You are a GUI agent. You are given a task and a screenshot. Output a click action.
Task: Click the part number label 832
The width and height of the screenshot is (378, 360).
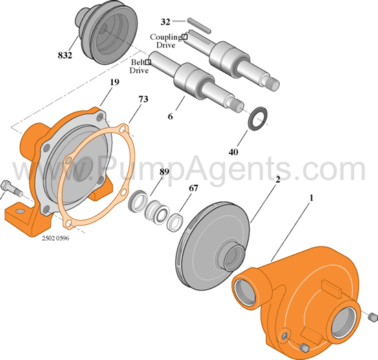[65, 55]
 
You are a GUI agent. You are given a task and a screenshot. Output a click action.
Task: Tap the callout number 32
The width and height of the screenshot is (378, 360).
[166, 22]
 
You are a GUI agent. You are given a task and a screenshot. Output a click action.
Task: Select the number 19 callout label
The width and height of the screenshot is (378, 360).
[115, 82]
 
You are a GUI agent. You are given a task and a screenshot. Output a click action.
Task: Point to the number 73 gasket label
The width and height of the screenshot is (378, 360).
[143, 99]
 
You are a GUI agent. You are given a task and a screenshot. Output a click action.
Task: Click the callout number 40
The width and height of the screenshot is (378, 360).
[233, 152]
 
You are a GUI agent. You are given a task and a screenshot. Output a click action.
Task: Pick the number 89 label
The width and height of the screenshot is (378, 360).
[164, 172]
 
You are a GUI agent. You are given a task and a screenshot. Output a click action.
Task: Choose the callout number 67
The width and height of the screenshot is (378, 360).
[193, 188]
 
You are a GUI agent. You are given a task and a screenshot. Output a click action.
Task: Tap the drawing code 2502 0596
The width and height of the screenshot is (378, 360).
[56, 238]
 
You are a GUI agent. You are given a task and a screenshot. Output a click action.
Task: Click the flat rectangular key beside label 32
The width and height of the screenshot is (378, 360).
[199, 25]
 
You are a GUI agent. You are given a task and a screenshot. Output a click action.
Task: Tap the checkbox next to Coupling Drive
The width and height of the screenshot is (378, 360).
[184, 37]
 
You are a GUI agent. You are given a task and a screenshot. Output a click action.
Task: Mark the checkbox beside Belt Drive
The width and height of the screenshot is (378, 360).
[148, 62]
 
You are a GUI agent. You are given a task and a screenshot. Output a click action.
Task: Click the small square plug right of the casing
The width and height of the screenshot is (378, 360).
[373, 317]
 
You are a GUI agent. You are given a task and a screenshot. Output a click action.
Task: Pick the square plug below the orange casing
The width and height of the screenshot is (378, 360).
[304, 348]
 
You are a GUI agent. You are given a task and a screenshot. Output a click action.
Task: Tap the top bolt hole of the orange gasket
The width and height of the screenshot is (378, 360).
[123, 128]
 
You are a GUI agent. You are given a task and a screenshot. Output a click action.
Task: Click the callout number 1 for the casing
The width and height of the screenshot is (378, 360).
[311, 198]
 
